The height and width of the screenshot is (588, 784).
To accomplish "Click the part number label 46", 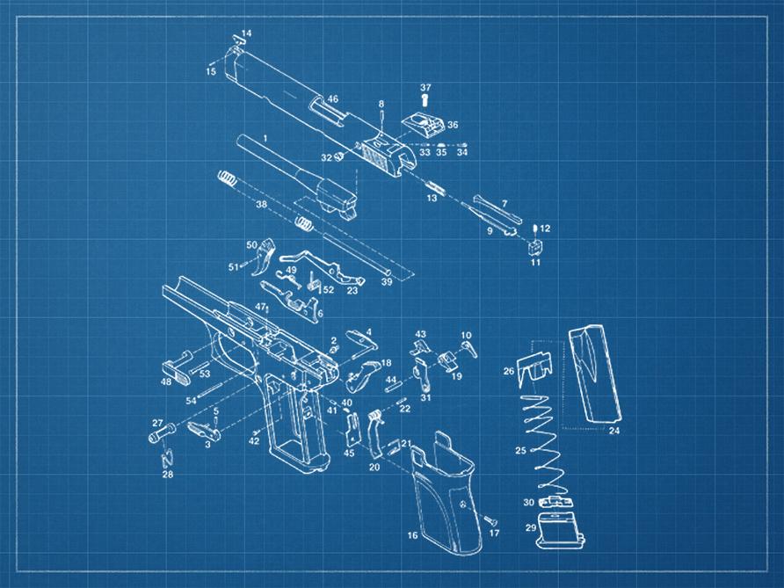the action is (x=332, y=99).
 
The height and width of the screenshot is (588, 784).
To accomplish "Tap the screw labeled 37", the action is (x=425, y=100).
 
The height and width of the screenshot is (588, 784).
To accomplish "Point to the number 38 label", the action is (x=262, y=205).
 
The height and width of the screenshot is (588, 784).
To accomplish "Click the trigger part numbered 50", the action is (x=265, y=257).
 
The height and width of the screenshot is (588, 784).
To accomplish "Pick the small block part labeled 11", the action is (x=535, y=247).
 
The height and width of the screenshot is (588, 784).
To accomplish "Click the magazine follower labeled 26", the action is (x=534, y=368).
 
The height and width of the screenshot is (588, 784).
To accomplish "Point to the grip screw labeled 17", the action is (x=490, y=521).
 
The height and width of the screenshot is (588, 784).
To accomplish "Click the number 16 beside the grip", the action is (x=412, y=535).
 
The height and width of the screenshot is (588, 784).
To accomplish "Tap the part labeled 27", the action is (x=162, y=432).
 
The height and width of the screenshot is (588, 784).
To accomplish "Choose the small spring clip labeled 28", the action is (x=168, y=458).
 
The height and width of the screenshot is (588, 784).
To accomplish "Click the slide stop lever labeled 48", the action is (x=178, y=368).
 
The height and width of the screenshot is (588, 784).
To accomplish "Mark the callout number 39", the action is (x=387, y=282).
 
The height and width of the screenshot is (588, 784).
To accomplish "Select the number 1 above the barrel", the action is (x=265, y=138).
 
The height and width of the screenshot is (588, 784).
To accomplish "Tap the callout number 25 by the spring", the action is (x=521, y=451).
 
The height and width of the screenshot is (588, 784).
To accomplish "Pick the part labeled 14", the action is (x=237, y=40).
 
